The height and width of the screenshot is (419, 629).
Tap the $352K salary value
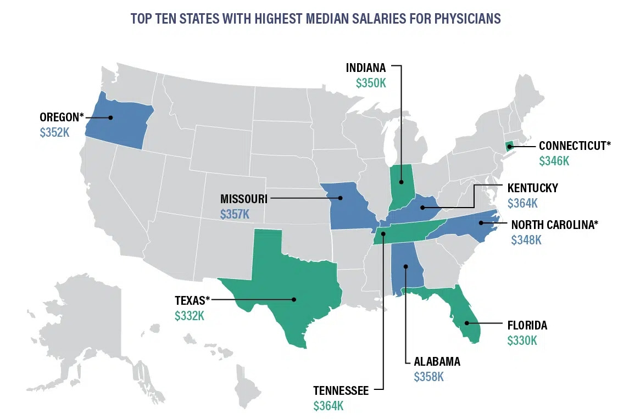(55, 132)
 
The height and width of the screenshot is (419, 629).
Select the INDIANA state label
(366, 68)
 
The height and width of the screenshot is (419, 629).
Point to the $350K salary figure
(371, 83)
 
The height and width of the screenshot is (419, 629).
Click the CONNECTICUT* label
(575, 146)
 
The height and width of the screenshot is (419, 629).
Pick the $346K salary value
(554, 161)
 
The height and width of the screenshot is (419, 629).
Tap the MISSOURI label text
(244, 198)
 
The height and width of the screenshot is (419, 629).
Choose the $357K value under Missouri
(235, 214)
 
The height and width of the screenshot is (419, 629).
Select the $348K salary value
(526, 240)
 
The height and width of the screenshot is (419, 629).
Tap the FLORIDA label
(527, 325)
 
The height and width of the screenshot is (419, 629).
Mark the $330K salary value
(522, 340)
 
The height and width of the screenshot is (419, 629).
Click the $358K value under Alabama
(428, 377)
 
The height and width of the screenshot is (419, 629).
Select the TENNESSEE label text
(341, 390)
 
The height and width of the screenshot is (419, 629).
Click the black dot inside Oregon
(110, 117)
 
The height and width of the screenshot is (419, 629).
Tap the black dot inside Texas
(294, 299)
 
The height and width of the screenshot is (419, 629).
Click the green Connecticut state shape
(509, 146)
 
